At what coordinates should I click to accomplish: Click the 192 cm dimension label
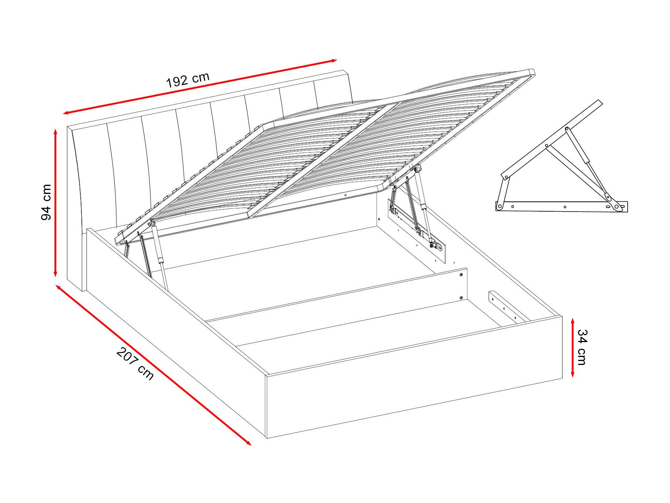tap(188, 80)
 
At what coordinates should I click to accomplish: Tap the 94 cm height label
tap(47, 202)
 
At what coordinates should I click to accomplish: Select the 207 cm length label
tap(135, 363)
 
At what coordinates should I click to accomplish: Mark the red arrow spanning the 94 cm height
tap(55, 203)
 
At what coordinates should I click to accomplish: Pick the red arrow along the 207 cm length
tap(153, 365)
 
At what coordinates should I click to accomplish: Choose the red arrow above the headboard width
tap(200, 87)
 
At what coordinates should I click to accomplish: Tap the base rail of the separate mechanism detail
tap(561, 206)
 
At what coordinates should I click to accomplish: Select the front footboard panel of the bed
tap(414, 377)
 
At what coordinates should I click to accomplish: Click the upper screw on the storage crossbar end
tap(461, 275)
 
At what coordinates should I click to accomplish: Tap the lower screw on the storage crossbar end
tap(461, 298)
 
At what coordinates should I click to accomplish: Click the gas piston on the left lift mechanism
tap(160, 256)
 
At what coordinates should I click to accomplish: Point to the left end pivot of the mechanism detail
tap(500, 207)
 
